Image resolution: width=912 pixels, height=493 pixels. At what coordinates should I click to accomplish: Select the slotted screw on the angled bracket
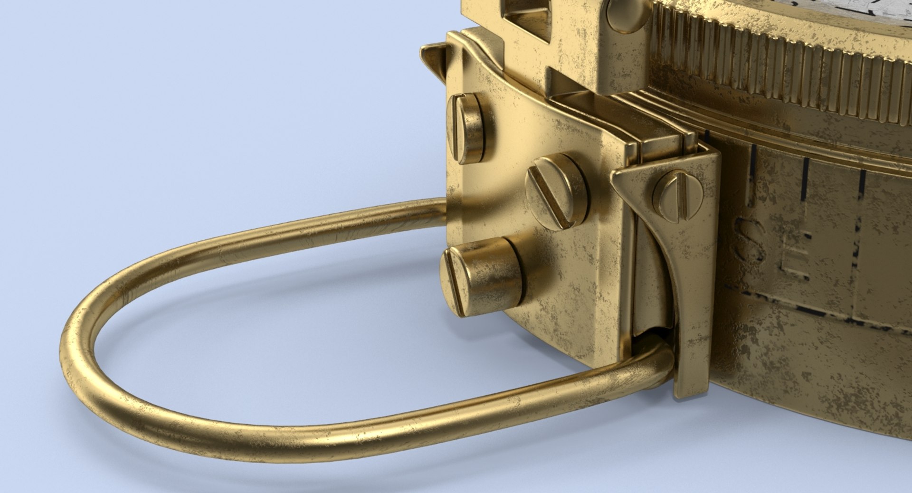(x=677, y=196)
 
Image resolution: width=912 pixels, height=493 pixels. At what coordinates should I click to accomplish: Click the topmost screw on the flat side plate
(x=467, y=127)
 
